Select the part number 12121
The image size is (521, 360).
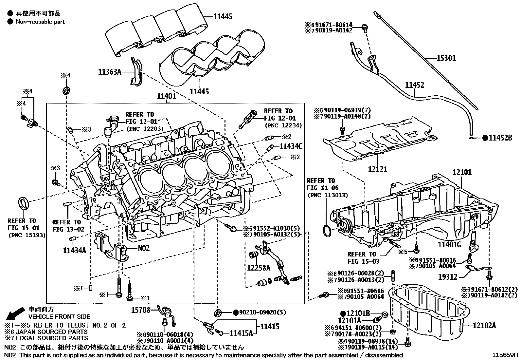[377, 169]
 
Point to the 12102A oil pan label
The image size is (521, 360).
[484, 325]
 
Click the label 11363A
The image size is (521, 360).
[110, 72]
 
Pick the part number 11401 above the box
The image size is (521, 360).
[166, 96]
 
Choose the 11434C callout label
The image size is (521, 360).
[291, 146]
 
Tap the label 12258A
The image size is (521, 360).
[259, 268]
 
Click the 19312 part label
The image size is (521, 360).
[448, 277]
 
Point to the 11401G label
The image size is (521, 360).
[449, 244]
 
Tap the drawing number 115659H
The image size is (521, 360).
[506, 355]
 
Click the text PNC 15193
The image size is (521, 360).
[27, 235]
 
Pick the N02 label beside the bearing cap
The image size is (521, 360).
[143, 248]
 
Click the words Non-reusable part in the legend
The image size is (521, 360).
[40, 22]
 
